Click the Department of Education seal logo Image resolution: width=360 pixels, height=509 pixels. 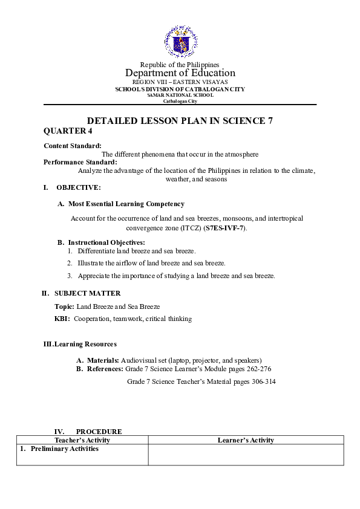pyautogui.click(x=180, y=42)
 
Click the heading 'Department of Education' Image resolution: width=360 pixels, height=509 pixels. pyautogui.click(x=180, y=73)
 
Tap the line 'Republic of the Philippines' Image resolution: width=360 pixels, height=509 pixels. pyautogui.click(x=180, y=65)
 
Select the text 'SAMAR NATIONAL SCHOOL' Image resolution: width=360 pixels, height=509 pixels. pyautogui.click(x=180, y=95)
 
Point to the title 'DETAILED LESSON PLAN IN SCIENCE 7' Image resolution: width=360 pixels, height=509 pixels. pyautogui.click(x=180, y=120)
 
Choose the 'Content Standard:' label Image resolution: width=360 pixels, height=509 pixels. pyautogui.click(x=73, y=146)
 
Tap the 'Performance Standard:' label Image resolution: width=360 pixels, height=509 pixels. pyautogui.click(x=80, y=162)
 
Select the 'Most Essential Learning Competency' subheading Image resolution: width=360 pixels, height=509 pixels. pyautogui.click(x=126, y=204)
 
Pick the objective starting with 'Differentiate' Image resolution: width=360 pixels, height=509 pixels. pyautogui.click(x=136, y=251)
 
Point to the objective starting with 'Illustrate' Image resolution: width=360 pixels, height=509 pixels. pyautogui.click(x=151, y=264)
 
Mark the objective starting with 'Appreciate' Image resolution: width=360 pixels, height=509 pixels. pyautogui.click(x=175, y=276)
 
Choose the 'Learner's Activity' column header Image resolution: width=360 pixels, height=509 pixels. pyautogui.click(x=246, y=441)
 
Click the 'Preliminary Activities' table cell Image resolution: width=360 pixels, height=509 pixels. pyautogui.click(x=64, y=449)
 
